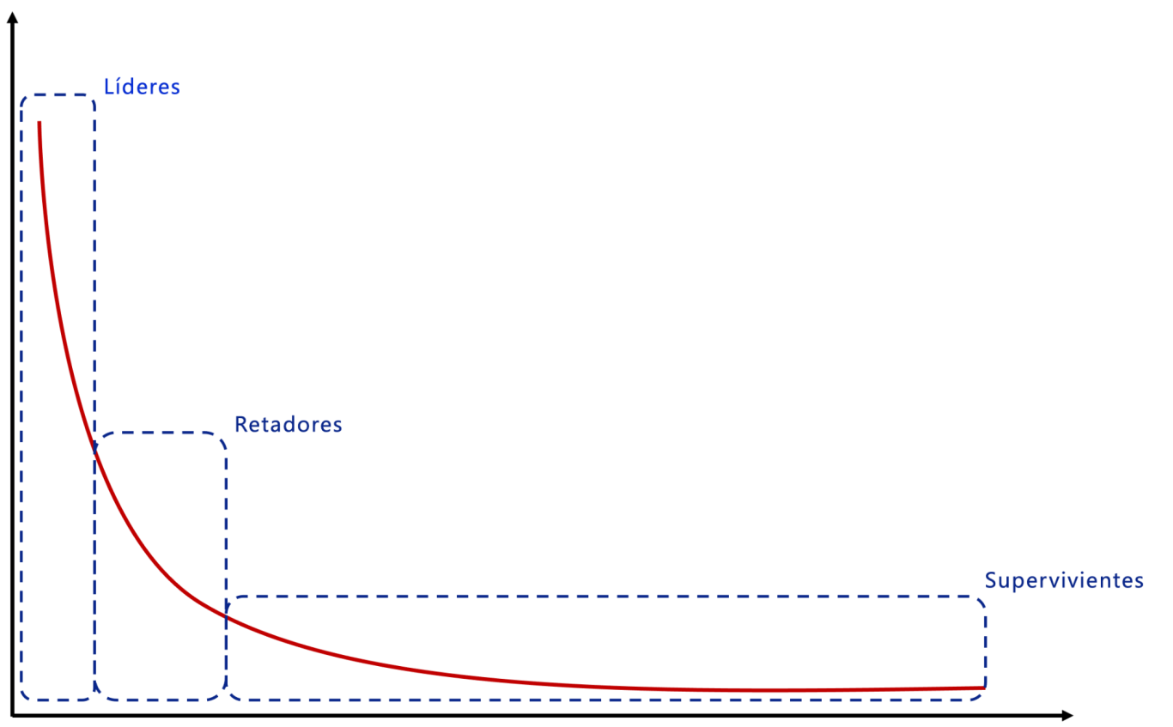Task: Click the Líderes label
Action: tap(142, 87)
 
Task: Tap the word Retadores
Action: tap(288, 425)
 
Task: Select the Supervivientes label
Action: tap(1064, 581)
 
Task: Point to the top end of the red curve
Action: tap(40, 123)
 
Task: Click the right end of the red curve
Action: tap(982, 688)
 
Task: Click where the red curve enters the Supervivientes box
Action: tap(228, 616)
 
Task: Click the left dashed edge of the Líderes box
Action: tap(21, 386)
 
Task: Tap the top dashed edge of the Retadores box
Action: tap(159, 433)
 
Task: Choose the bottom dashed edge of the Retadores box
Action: tap(159, 700)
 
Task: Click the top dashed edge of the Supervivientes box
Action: tap(601, 596)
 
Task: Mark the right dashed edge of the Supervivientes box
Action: tap(985, 644)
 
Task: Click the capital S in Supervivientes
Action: tap(990, 581)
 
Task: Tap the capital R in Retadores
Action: tap(240, 425)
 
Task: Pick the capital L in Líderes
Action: tap(108, 87)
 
